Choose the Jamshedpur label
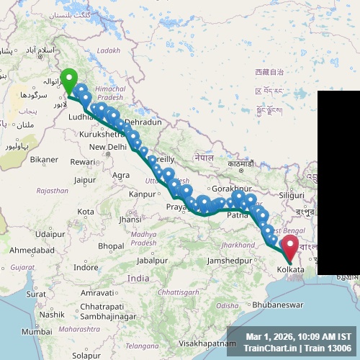[x=228, y=259]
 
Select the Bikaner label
[x=44, y=158]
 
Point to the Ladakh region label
[x=109, y=50]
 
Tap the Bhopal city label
[x=111, y=246]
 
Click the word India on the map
[x=138, y=278]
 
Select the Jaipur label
[x=85, y=180]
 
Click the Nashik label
[x=53, y=315]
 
